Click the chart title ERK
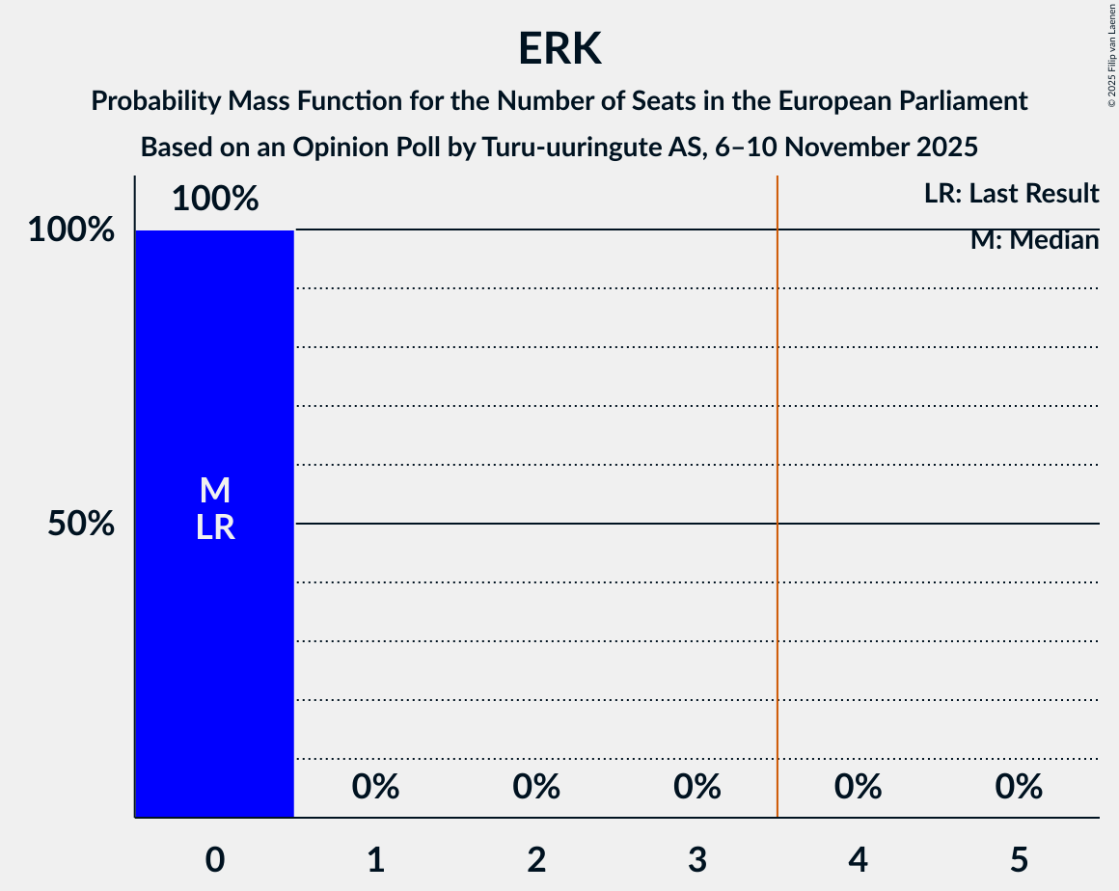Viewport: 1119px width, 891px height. [559, 48]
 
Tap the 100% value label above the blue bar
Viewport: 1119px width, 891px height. [215, 199]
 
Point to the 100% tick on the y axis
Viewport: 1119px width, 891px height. [71, 230]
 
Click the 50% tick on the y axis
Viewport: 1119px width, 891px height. [82, 524]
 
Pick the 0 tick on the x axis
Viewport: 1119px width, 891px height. [215, 859]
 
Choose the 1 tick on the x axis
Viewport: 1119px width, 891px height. [376, 859]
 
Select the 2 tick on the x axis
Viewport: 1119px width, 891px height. [536, 859]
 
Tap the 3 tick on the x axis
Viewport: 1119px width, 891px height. [697, 859]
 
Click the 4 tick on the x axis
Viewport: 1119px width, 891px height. [859, 859]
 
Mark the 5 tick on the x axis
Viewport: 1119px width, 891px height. [1019, 859]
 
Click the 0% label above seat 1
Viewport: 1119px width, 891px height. [376, 787]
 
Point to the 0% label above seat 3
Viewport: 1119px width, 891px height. [697, 787]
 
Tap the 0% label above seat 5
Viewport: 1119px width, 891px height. [1019, 787]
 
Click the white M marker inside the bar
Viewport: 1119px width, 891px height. [215, 491]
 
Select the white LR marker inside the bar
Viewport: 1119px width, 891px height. [215, 527]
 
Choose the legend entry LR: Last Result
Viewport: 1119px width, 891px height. [1011, 194]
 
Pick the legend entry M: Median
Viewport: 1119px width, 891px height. [1034, 240]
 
